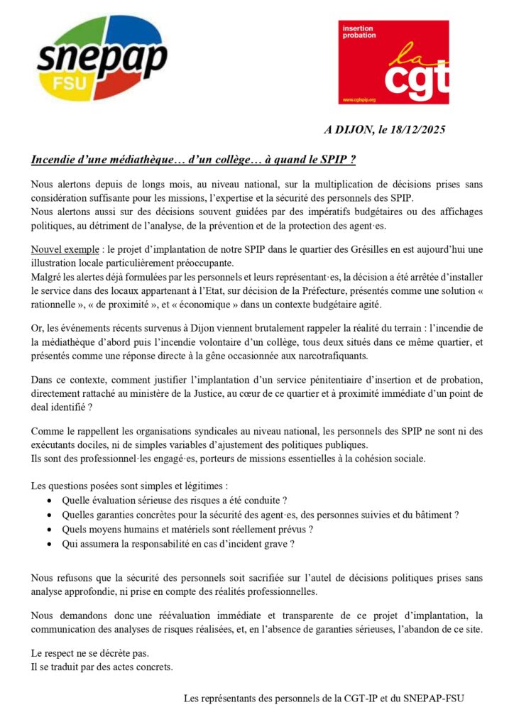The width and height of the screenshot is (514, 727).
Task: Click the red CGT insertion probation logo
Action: (x=393, y=62)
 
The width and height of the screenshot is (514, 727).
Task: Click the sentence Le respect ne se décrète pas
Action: (x=90, y=652)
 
